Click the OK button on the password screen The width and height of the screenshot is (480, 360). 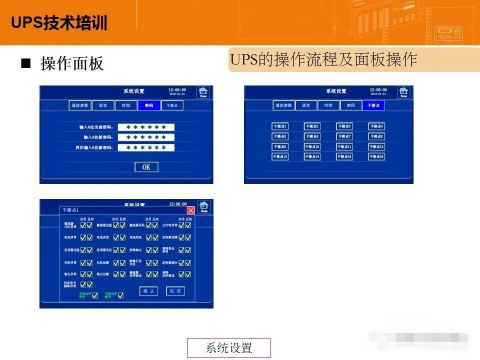pyautogui.click(x=146, y=167)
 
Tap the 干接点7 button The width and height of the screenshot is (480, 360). pyautogui.click(x=344, y=136)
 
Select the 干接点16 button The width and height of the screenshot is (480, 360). pyautogui.click(x=376, y=156)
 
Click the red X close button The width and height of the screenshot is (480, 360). pyautogui.click(x=190, y=210)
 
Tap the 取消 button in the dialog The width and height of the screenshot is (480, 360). pyautogui.click(x=175, y=291)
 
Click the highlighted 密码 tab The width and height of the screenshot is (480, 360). pyautogui.click(x=149, y=105)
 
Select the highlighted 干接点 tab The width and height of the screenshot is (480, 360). pyautogui.click(x=373, y=105)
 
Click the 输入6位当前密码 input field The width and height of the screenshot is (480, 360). pyautogui.click(x=146, y=127)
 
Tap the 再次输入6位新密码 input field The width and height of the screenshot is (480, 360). pyautogui.click(x=146, y=148)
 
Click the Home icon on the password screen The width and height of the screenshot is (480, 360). pyautogui.click(x=203, y=92)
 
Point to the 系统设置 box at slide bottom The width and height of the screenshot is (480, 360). pyautogui.click(x=228, y=348)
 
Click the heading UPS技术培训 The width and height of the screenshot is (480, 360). pyautogui.click(x=59, y=23)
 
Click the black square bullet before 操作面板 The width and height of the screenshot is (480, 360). pyautogui.click(x=25, y=64)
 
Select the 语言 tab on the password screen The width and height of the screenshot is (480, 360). pyautogui.click(x=103, y=105)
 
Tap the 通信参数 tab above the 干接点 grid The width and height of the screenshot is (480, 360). pyautogui.click(x=283, y=105)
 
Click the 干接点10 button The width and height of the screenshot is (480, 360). pyautogui.click(x=312, y=147)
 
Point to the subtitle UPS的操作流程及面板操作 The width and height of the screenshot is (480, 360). pyautogui.click(x=323, y=60)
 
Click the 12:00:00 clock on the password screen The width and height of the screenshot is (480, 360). pyautogui.click(x=177, y=90)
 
